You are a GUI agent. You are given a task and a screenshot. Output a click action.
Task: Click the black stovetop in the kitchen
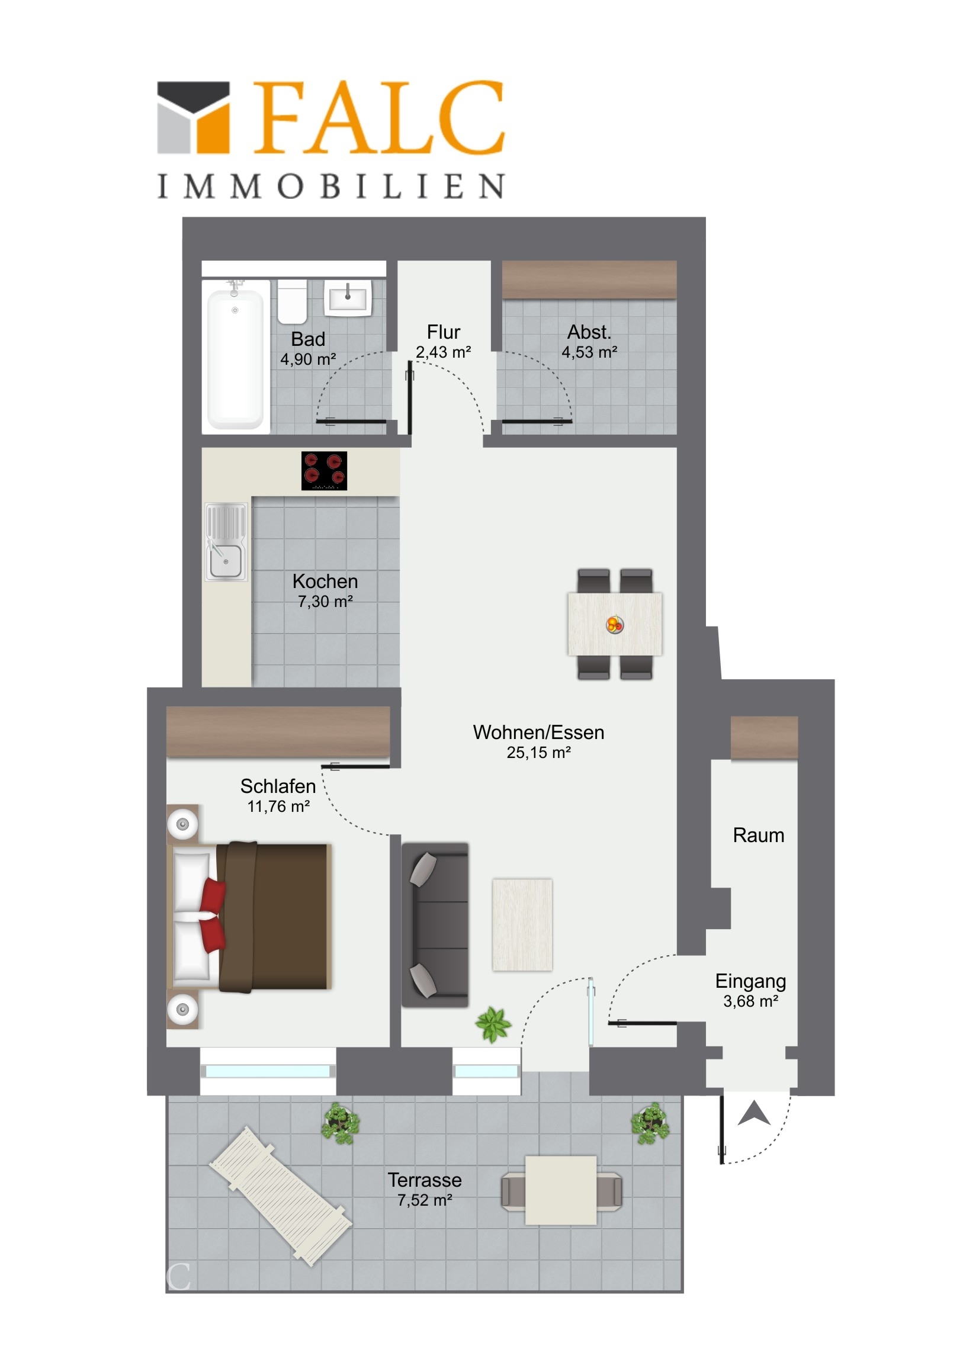[324, 470]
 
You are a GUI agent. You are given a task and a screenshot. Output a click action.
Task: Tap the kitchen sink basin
[226, 560]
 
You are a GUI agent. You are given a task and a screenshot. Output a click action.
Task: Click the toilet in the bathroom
[292, 302]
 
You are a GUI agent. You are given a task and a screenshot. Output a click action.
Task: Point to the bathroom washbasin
[348, 297]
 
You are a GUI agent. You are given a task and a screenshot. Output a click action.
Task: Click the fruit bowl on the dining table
[615, 624]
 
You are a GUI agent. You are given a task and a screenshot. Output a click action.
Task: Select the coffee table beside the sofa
[522, 924]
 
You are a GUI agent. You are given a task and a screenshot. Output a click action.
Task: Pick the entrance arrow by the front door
[753, 1113]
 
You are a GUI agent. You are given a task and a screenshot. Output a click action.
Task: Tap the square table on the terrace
[561, 1189]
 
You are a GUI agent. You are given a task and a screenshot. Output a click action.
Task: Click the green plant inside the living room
[493, 1023]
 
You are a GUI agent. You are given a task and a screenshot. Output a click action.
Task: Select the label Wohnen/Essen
[539, 733]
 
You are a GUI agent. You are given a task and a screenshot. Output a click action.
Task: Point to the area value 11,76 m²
[278, 807]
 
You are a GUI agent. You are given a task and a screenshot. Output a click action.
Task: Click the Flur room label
[443, 332]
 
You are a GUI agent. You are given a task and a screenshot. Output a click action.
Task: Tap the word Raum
[758, 835]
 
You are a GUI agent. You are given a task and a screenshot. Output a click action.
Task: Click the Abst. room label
[589, 332]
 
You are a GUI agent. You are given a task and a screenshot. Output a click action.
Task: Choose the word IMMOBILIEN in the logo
[331, 187]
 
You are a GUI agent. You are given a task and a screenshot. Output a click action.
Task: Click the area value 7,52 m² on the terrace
[425, 1201]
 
